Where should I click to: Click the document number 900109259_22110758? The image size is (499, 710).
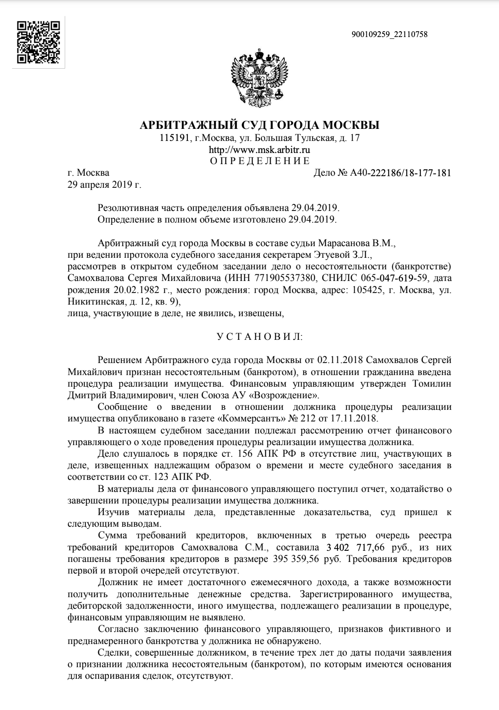[x=390, y=34]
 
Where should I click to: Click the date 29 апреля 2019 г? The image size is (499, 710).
[x=104, y=184]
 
